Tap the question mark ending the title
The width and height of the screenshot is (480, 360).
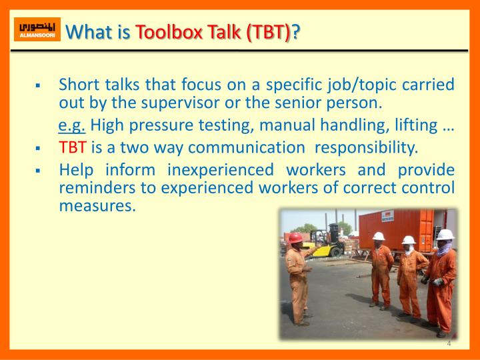pos(295,31)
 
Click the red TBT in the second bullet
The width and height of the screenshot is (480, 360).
pos(69,147)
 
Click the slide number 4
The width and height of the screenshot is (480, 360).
pos(449,344)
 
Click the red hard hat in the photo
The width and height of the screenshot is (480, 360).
pos(295,237)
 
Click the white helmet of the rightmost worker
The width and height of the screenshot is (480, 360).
pos(445,235)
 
